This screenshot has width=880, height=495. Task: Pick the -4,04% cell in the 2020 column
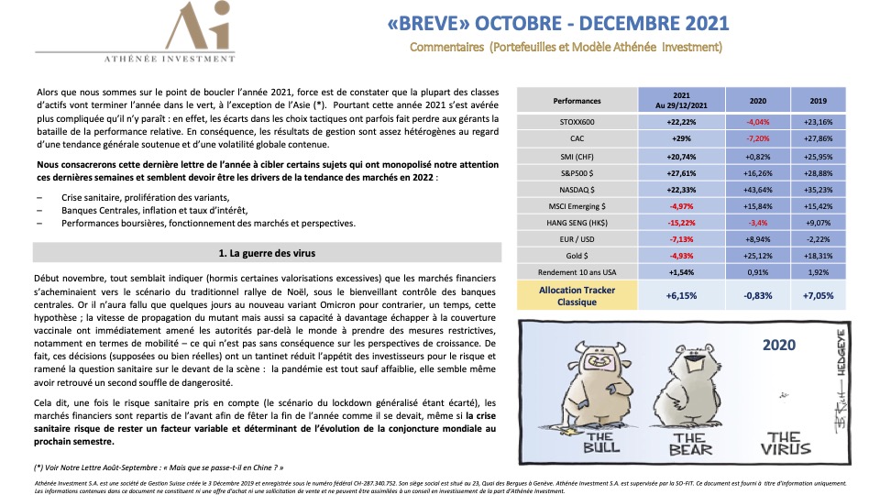758,121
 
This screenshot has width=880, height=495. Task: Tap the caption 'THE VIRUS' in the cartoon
788,443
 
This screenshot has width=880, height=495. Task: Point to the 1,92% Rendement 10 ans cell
819,273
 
